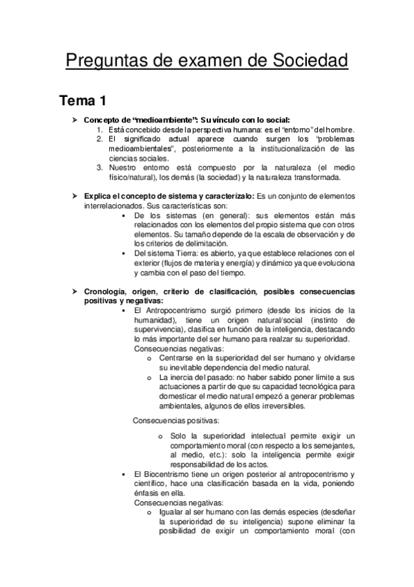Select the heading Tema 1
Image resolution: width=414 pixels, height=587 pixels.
(82, 101)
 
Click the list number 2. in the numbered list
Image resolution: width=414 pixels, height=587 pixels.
(100, 139)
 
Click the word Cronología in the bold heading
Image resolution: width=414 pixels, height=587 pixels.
(109, 291)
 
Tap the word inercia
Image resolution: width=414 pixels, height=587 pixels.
(181, 377)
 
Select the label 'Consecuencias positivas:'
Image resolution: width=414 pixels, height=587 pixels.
(176, 420)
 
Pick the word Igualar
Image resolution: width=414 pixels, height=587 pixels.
(171, 512)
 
